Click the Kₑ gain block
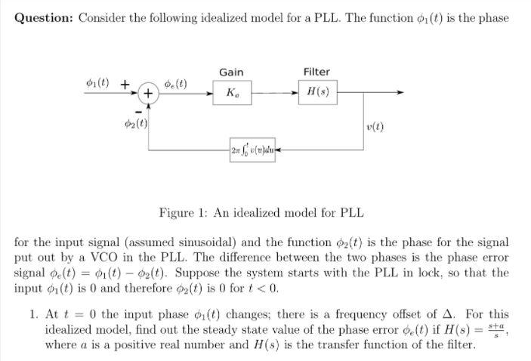click(x=230, y=93)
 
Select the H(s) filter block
click(x=316, y=93)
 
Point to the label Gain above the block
click(x=231, y=72)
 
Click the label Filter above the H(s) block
click(x=316, y=72)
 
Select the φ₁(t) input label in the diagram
click(x=97, y=82)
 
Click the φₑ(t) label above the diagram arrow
click(x=176, y=82)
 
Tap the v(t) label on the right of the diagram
click(x=375, y=127)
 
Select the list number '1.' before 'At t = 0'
click(x=34, y=315)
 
